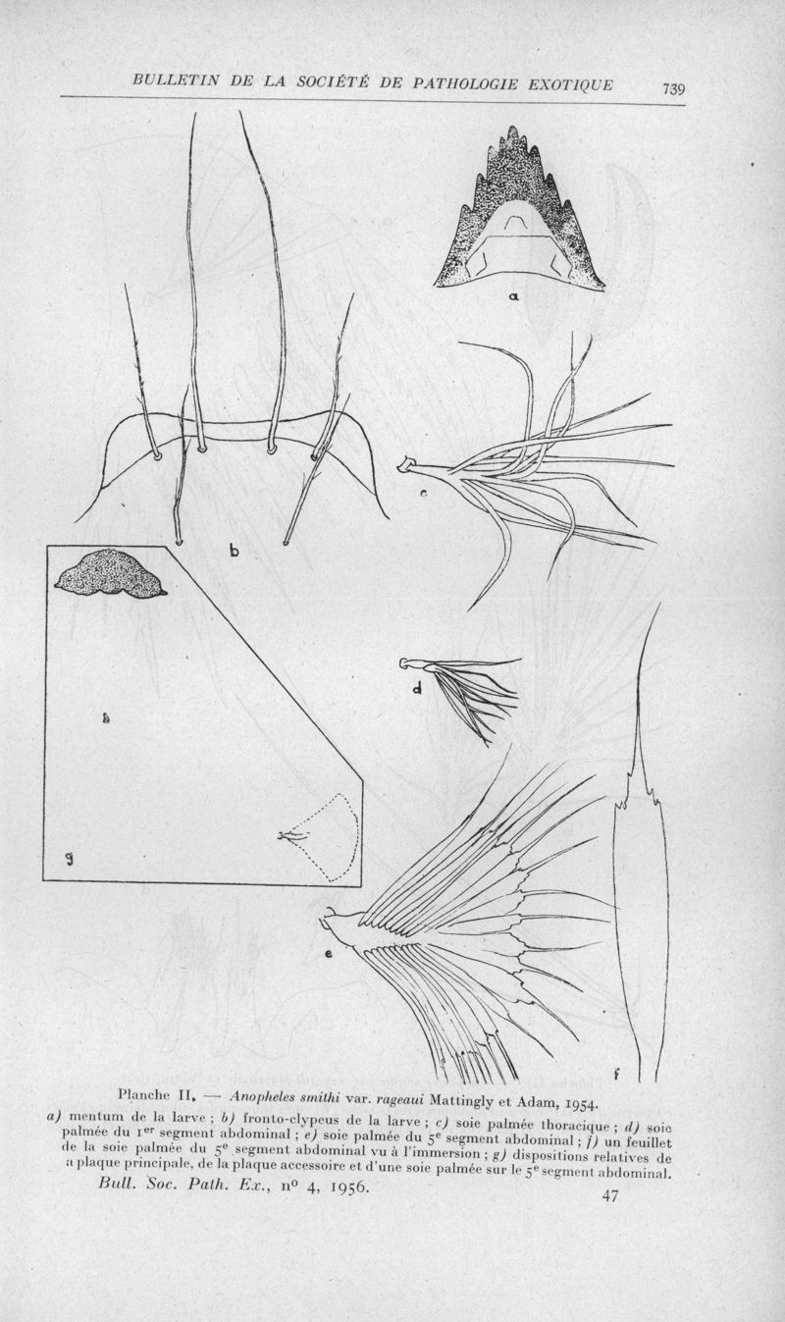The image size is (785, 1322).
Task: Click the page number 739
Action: (672, 89)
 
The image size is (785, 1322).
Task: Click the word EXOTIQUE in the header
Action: (569, 84)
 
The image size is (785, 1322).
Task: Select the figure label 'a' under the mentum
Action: (514, 297)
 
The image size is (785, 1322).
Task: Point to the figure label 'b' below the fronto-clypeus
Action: (235, 551)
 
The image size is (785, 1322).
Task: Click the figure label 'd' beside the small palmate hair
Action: (417, 687)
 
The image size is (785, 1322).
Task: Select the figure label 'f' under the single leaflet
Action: (615, 1076)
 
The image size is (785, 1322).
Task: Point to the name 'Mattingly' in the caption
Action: (458, 1102)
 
